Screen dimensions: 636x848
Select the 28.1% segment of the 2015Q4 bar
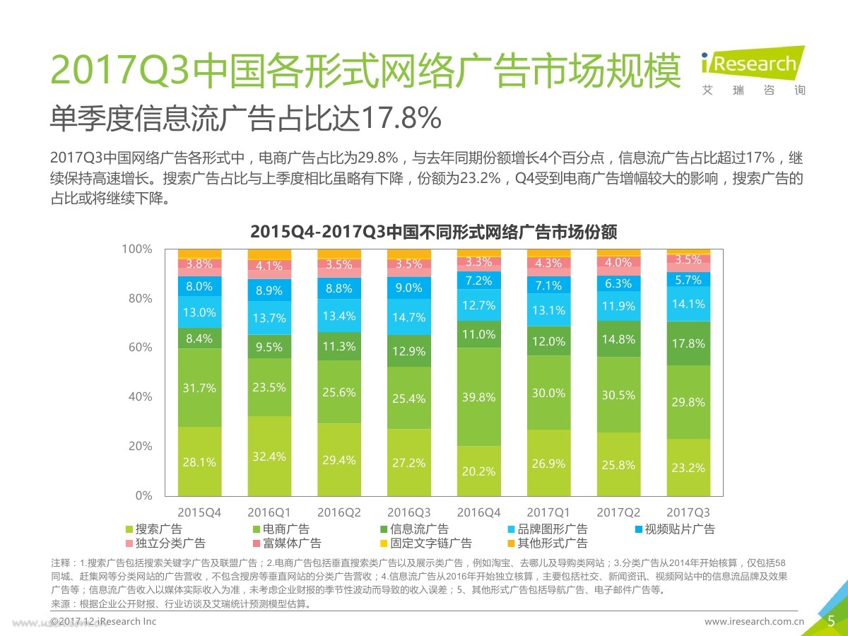coord(199,462)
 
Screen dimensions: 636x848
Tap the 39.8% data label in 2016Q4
coord(478,398)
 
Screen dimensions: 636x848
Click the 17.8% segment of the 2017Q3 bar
coord(689,343)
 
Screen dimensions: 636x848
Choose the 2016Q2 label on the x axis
coord(339,512)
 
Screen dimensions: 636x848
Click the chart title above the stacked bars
coord(434,231)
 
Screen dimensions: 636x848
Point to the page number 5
coord(831,621)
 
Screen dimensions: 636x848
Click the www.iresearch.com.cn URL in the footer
coord(755,622)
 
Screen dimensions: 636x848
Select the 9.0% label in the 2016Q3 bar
coord(408,288)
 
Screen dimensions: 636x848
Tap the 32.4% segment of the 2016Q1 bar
coord(269,457)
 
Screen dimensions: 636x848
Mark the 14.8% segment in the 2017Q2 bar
coord(619,338)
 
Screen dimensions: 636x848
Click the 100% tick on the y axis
coord(137,249)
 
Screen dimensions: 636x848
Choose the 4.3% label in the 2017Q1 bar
coord(548,263)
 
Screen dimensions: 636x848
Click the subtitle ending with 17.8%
coord(246,119)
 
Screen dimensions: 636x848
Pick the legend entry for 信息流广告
coord(413,529)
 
